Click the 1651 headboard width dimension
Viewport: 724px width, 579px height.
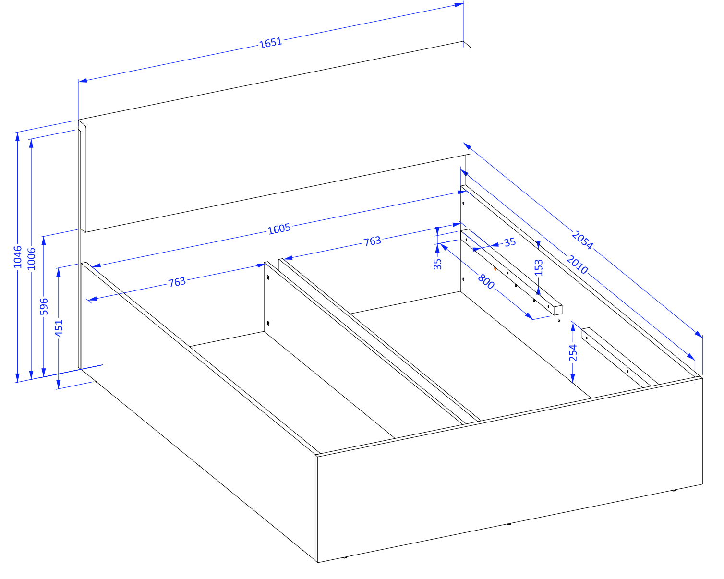(x=271, y=43)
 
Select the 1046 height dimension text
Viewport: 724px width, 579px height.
(x=17, y=257)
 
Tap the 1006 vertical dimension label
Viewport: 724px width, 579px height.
(x=31, y=259)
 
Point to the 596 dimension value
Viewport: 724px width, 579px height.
(x=44, y=306)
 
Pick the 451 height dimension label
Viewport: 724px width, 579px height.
(x=59, y=328)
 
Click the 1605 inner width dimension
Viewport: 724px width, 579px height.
(x=279, y=229)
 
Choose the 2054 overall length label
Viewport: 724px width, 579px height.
(x=582, y=240)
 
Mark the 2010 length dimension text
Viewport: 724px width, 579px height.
(x=577, y=265)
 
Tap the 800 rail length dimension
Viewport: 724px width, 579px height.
(x=486, y=282)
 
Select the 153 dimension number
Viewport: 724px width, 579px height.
(x=539, y=268)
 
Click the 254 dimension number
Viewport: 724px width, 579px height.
(x=573, y=353)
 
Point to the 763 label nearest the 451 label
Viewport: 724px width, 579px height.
(x=177, y=282)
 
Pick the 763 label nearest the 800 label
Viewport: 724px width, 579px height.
(x=373, y=241)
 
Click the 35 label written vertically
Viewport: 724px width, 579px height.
(x=437, y=264)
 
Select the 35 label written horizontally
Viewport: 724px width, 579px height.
(x=510, y=242)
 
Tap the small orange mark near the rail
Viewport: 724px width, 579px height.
(x=495, y=269)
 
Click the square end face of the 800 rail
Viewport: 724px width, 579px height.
(x=558, y=310)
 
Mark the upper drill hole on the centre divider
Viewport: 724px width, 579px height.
(x=268, y=277)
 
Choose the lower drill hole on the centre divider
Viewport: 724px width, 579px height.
(x=268, y=323)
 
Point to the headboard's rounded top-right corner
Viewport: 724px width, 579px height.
(x=468, y=45)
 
